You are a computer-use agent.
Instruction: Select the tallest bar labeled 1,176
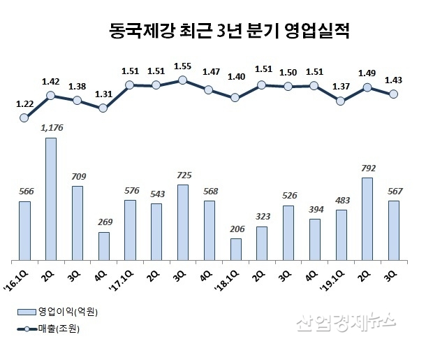(51, 198)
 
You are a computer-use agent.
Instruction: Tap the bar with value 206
(235, 248)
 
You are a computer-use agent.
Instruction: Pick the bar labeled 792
(367, 218)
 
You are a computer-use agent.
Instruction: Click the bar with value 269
(103, 245)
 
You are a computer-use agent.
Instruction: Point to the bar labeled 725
(182, 222)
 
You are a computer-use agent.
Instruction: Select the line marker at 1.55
(182, 80)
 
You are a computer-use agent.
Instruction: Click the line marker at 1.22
(24, 118)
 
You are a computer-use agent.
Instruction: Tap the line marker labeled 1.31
(103, 108)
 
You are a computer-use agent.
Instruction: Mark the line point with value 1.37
(340, 101)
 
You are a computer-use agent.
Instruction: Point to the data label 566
(24, 192)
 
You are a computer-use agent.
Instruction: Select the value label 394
(314, 210)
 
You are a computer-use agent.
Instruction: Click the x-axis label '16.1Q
(21, 271)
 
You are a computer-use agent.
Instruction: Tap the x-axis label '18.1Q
(231, 271)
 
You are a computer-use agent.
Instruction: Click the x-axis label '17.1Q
(126, 271)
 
